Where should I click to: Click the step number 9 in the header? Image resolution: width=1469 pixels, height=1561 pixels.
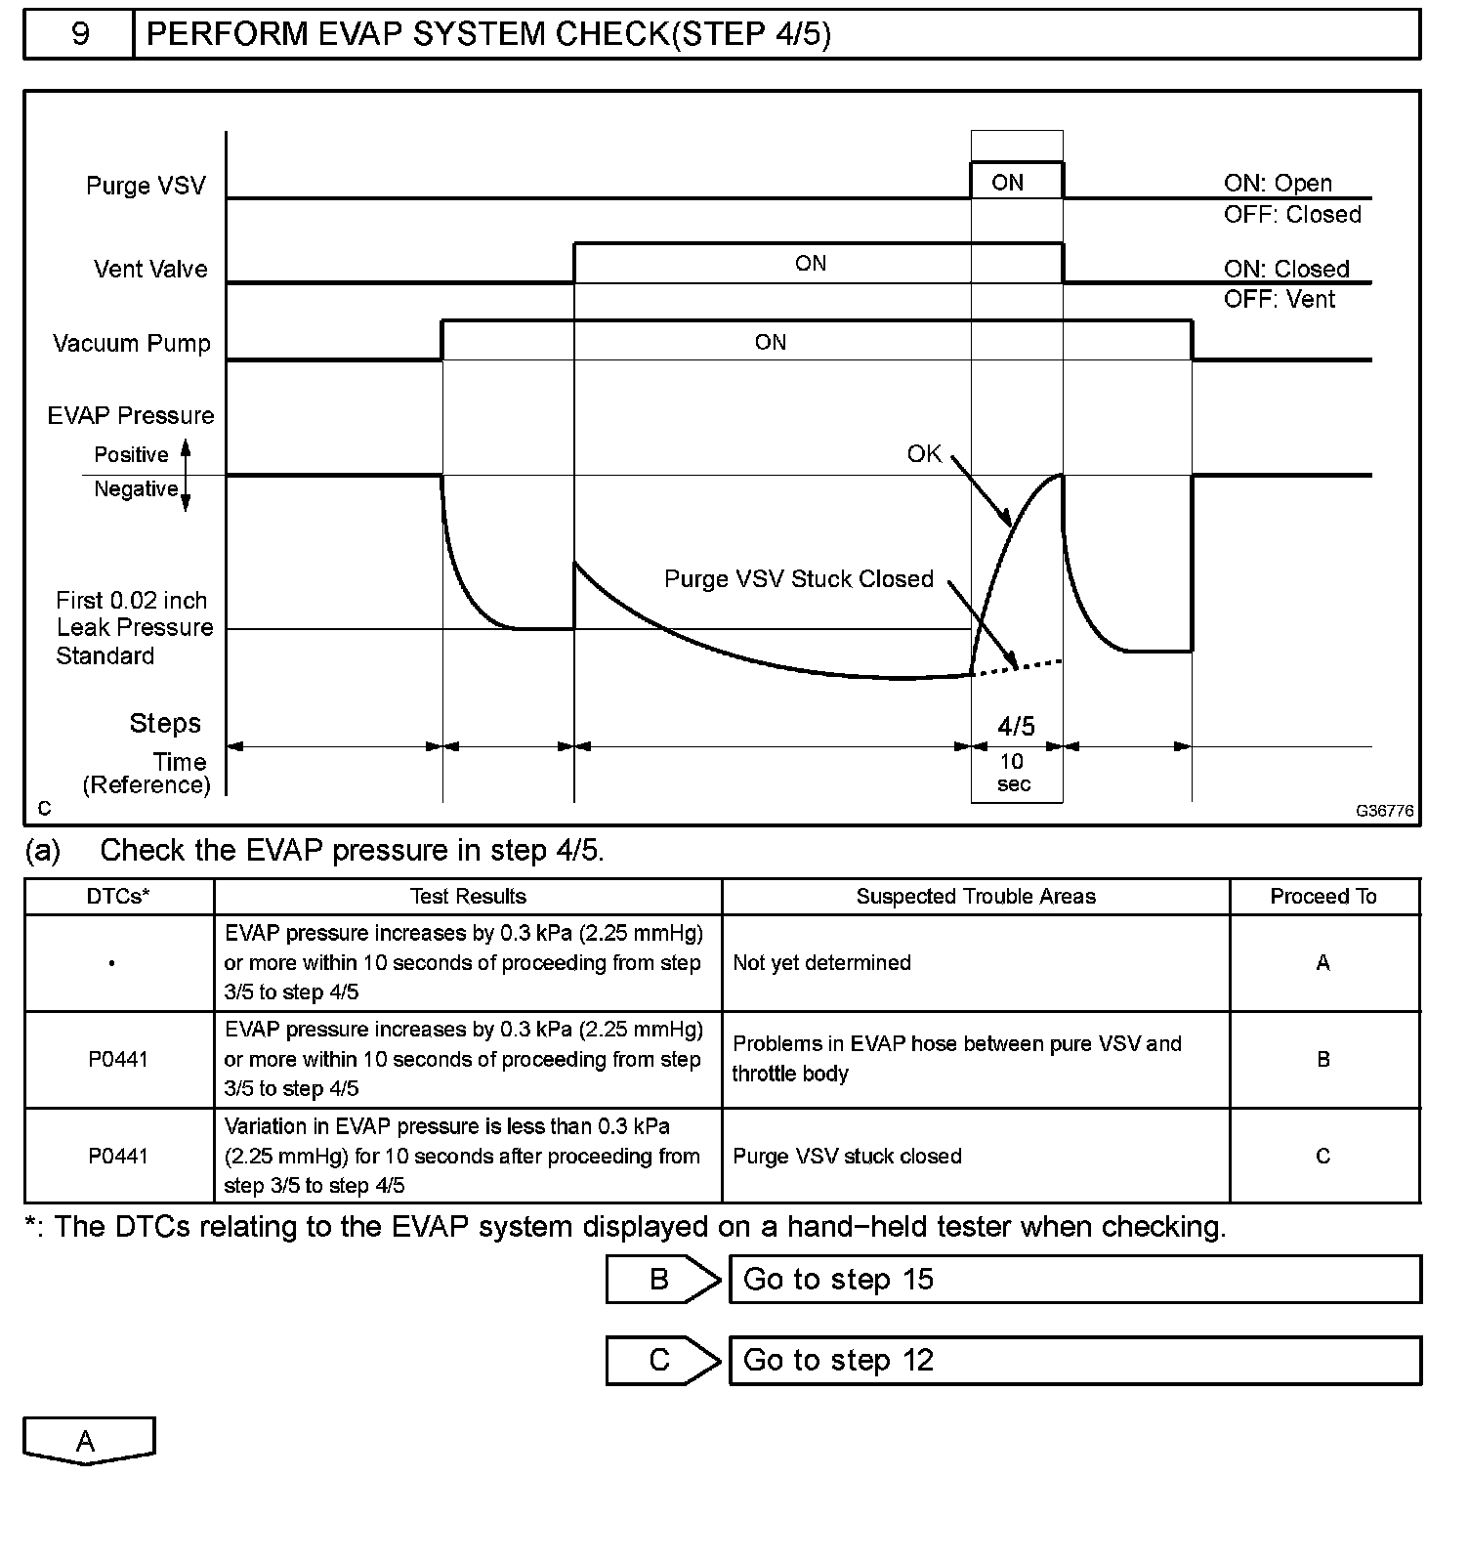(x=80, y=34)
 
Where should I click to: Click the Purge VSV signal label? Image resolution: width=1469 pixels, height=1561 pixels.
(x=146, y=186)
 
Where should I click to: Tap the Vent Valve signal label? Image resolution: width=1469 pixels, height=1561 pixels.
(x=150, y=269)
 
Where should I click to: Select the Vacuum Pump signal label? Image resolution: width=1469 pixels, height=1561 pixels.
(x=132, y=343)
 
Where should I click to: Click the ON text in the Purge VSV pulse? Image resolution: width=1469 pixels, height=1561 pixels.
(x=1007, y=183)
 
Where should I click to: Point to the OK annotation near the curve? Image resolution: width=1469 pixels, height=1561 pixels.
(x=924, y=453)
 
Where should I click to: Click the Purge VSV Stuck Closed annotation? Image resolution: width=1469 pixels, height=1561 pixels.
(x=799, y=578)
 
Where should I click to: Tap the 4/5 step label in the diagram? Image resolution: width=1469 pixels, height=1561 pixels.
(x=1016, y=726)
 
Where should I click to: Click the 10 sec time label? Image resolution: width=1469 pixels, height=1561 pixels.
(x=1014, y=773)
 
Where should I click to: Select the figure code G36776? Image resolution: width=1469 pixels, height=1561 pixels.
(x=1384, y=811)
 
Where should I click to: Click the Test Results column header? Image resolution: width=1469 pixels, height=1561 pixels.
(x=468, y=896)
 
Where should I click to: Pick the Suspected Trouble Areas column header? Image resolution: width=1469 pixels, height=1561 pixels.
(x=976, y=896)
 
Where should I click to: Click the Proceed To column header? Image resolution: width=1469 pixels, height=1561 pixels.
(x=1323, y=896)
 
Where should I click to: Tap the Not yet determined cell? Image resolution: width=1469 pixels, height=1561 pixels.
(x=821, y=962)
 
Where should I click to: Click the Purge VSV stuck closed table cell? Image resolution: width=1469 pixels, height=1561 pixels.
(x=847, y=1156)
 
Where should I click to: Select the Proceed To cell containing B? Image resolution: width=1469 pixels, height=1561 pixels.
(x=1323, y=1059)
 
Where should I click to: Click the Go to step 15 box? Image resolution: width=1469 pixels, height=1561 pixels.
(x=1074, y=1280)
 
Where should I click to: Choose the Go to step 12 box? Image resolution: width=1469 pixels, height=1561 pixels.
(x=1074, y=1360)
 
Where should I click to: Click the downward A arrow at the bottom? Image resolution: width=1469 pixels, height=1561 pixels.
(x=88, y=1442)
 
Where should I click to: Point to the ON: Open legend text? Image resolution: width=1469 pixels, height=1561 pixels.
(x=1278, y=183)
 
